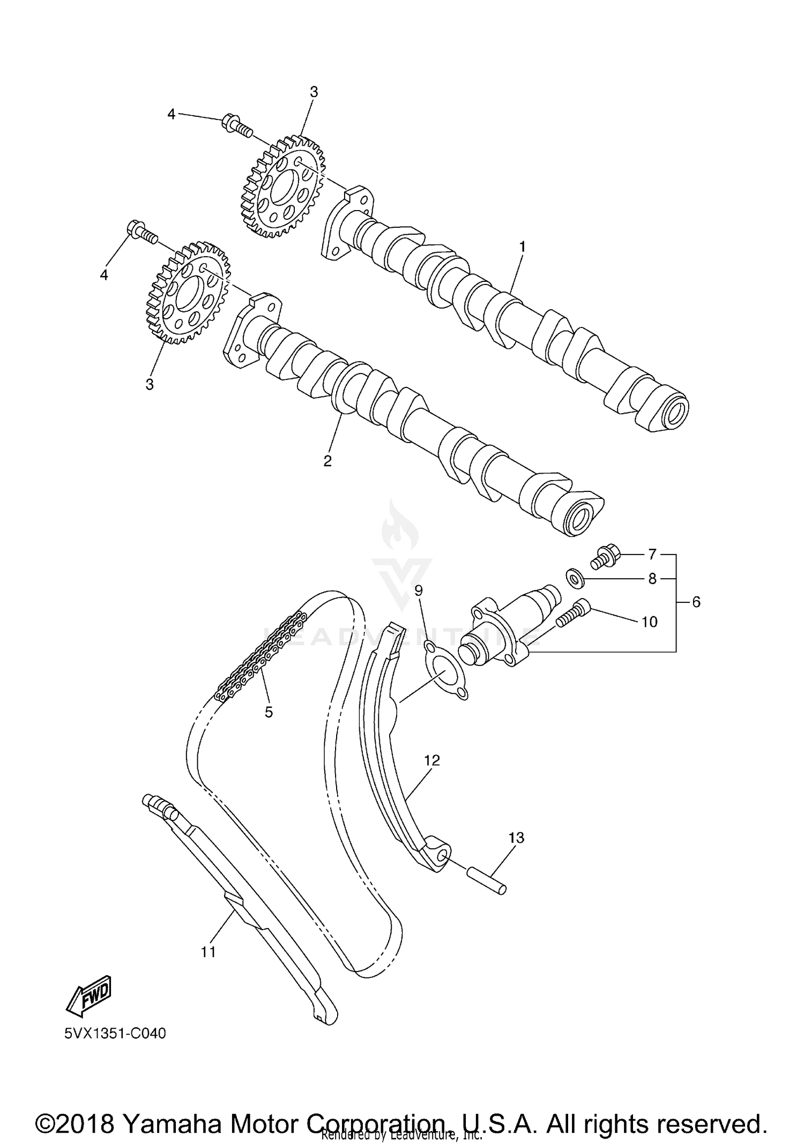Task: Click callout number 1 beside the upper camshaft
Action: pos(522,247)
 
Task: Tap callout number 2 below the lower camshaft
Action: pos(327,461)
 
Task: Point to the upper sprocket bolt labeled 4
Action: pos(236,125)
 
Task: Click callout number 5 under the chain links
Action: pos(269,712)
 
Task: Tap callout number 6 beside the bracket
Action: pos(696,602)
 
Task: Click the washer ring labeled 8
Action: pos(576,578)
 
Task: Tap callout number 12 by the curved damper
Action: pos(431,760)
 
